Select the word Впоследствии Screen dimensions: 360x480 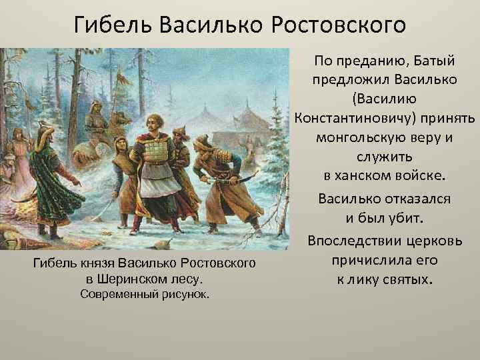[358, 240]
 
